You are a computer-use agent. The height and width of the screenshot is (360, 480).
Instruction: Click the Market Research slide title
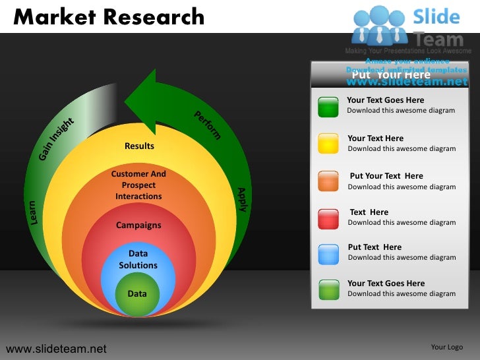point(109,16)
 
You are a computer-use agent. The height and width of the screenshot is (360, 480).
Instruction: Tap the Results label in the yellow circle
point(139,146)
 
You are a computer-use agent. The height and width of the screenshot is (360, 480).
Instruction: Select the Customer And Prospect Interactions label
point(138,185)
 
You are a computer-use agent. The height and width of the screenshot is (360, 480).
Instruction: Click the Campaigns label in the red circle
point(138,225)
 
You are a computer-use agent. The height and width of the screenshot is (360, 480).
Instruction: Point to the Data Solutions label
point(138,259)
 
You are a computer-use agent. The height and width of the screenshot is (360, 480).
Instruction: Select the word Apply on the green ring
point(241,200)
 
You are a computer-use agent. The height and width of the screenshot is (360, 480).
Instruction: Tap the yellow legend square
point(328,143)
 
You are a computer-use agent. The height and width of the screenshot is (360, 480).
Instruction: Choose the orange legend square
point(328,181)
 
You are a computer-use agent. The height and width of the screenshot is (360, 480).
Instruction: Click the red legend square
point(328,218)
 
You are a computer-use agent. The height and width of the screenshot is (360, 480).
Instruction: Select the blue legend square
point(328,253)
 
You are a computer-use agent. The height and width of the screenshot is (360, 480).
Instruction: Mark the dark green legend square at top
point(328,106)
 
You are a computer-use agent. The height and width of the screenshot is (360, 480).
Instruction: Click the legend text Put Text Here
point(375,247)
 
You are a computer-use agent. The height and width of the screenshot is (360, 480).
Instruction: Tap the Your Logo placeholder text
point(446,347)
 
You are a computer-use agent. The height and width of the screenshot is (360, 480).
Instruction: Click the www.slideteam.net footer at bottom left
point(56,347)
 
